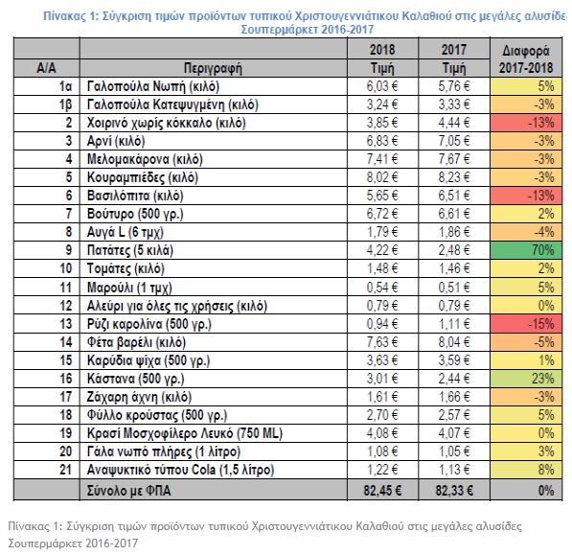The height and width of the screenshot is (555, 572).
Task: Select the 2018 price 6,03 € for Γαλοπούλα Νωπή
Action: click(382, 86)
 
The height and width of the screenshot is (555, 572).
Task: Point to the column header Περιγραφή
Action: click(213, 68)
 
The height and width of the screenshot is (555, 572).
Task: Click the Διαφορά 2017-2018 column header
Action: click(526, 59)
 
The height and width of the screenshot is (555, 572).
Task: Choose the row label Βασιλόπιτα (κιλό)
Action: click(135, 196)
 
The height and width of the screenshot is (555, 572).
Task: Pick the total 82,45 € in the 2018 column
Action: click(382, 491)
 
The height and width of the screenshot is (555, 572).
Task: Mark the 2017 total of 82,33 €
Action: click(454, 491)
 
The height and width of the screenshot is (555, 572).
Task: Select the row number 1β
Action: click(66, 105)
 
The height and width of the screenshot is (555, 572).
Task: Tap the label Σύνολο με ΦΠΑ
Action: click(128, 491)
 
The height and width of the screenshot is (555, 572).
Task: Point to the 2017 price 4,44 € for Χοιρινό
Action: click(454, 123)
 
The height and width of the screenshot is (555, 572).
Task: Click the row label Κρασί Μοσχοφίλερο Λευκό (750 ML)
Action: click(185, 433)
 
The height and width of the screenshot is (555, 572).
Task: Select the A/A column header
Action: click(46, 68)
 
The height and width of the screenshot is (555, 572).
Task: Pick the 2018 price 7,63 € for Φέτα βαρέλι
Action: click(382, 342)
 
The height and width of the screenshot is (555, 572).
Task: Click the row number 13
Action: click(66, 324)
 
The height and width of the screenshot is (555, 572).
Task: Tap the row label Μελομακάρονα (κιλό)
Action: click(145, 159)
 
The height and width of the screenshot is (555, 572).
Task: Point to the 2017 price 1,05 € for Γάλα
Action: click(454, 451)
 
